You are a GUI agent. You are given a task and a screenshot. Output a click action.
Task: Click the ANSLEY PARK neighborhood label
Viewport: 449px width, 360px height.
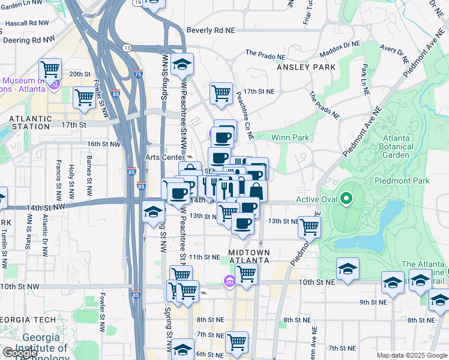coord(306,67)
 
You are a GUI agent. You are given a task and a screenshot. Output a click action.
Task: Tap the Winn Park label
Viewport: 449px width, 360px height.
coord(290,137)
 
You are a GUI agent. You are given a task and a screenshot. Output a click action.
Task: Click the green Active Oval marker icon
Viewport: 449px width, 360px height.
coord(346,199)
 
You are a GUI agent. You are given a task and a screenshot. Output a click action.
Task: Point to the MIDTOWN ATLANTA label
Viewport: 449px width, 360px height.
coord(249,257)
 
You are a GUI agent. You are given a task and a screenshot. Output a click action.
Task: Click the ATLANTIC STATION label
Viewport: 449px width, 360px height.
coord(30,122)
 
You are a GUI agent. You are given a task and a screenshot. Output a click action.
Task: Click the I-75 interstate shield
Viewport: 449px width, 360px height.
coord(139,74)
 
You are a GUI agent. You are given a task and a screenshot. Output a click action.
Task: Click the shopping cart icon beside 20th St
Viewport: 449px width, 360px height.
coord(50,69)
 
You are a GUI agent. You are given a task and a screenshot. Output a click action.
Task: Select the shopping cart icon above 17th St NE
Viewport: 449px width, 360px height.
coord(221,93)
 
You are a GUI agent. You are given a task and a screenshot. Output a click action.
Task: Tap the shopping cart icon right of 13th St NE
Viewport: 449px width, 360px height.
coord(309,227)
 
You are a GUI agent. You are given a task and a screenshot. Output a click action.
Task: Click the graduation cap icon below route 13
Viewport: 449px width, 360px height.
coord(181,64)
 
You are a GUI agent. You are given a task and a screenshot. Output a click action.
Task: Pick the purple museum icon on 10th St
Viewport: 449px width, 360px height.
coord(229,281)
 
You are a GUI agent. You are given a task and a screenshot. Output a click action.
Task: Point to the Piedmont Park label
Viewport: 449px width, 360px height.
coord(402,181)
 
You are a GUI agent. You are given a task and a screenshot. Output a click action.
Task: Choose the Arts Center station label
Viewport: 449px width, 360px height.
coord(164,157)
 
